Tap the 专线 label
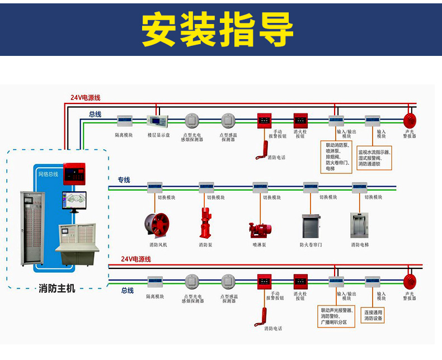point(124,180)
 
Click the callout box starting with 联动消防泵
point(337,157)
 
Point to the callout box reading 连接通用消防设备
point(373,315)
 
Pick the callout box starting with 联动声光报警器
point(337,316)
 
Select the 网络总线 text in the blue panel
point(48,174)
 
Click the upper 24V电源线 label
point(85,98)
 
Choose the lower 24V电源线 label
point(136,259)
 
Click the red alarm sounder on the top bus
point(410,120)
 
